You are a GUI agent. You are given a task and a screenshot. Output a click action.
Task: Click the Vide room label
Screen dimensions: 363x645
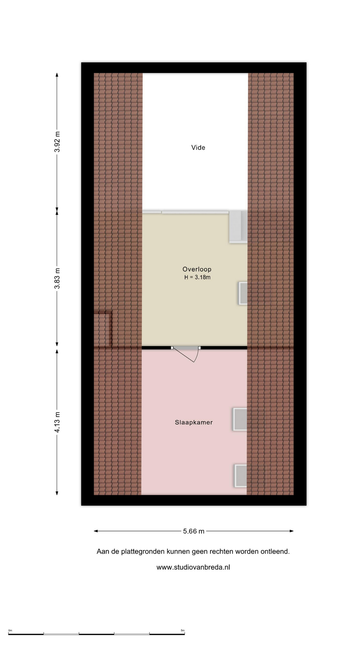pos(198,147)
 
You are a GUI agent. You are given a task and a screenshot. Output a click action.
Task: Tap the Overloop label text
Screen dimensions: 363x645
pos(197,269)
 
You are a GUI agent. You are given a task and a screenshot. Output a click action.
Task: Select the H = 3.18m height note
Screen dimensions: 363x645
pos(197,277)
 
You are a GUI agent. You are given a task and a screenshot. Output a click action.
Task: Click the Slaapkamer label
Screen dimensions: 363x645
pos(194,423)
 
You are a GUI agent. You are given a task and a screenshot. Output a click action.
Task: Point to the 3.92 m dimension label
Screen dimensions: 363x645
pos(57,141)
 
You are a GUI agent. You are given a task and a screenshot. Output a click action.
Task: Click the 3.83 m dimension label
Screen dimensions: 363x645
pos(57,278)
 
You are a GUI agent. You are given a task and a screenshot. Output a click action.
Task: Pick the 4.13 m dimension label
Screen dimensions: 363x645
pos(57,423)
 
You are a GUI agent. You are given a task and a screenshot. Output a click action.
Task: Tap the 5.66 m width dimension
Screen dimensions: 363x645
pos(194,531)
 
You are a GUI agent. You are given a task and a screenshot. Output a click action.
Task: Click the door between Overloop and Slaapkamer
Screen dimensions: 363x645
pos(186,353)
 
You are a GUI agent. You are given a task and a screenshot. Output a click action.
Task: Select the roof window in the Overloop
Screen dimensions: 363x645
pos(243,293)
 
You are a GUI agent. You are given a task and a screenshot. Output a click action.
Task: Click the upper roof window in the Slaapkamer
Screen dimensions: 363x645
pos(240,419)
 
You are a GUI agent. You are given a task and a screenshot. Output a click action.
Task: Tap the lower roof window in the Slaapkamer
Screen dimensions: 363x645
pos(241,476)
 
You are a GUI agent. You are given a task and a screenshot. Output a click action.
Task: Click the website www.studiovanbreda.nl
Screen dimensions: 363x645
pos(193,567)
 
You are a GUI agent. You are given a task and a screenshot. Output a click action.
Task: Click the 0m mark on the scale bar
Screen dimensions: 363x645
pos(10,630)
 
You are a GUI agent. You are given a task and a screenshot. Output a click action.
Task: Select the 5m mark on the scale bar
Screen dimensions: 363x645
pos(183,630)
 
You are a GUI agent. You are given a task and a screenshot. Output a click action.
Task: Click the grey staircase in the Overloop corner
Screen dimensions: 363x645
pos(238,227)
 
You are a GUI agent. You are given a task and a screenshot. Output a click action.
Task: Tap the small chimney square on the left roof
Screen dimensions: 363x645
pos(103,329)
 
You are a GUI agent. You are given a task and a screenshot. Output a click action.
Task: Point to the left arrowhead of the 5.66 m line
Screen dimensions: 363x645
pos(96,531)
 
